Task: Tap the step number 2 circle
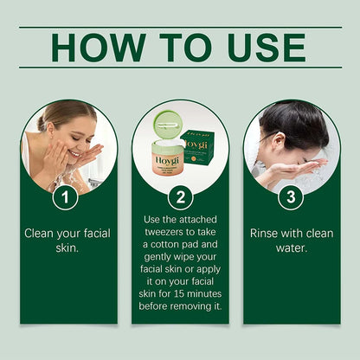click(180, 198)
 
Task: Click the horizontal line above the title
click(180, 27)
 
